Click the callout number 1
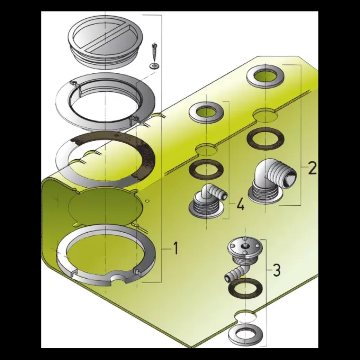click(x=175, y=249)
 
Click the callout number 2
click(x=312, y=168)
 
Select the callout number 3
click(x=277, y=270)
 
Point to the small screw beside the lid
click(x=154, y=53)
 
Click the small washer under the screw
click(x=154, y=66)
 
